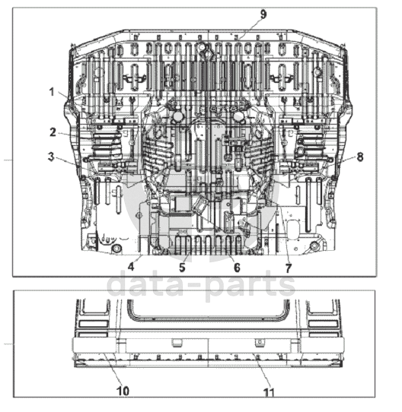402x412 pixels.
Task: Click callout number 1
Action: (x=52, y=92)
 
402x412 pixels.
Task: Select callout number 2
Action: (x=53, y=132)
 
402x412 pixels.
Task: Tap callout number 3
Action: (x=51, y=157)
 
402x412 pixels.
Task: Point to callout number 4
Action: (x=131, y=267)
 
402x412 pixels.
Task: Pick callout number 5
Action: (x=182, y=268)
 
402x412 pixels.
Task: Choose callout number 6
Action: (x=237, y=268)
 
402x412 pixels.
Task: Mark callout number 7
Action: (x=289, y=268)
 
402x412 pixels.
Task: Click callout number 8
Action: (x=360, y=157)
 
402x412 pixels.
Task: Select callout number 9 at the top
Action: (x=263, y=14)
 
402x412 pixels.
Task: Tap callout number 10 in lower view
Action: (x=123, y=391)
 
